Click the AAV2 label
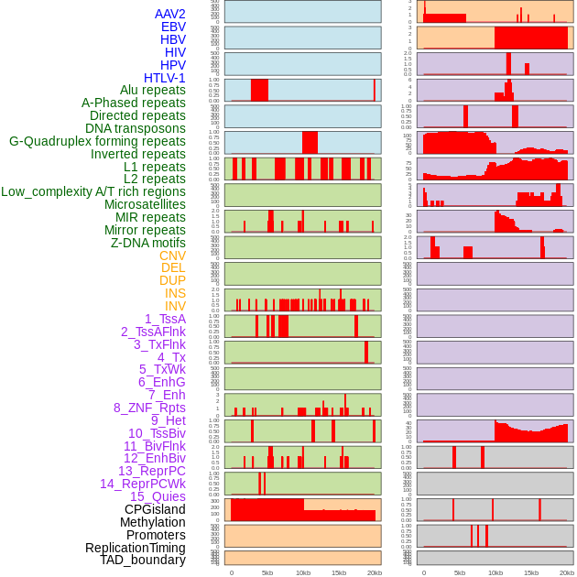coord(169,15)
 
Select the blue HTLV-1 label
coord(164,78)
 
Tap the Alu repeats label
coord(153,91)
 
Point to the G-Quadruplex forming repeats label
coord(97,141)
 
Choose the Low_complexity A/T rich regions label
coord(93,191)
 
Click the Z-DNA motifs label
coord(148,243)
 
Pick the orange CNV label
coord(172,256)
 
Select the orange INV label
coord(175,306)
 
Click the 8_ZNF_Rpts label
coord(149,408)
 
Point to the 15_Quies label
coord(157,496)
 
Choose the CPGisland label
coord(155,509)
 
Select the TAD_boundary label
coord(142,560)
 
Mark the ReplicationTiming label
coord(135,548)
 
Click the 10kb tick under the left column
coord(302,572)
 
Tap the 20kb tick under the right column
coord(567,572)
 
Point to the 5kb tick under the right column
coord(460,572)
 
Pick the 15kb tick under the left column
coord(338,572)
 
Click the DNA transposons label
coord(136,128)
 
